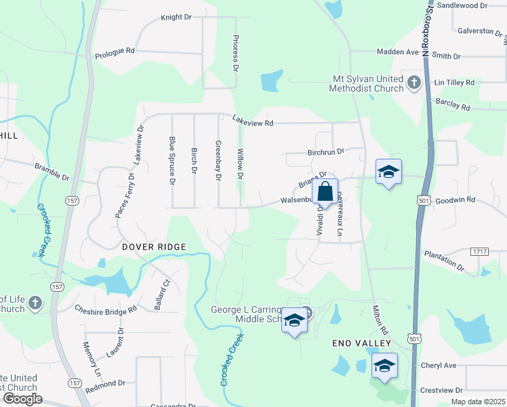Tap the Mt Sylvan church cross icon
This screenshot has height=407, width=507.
(414, 83)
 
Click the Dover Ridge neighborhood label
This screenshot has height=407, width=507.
(154, 247)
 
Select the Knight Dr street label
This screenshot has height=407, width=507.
(177, 17)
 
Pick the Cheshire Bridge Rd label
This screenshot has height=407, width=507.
(106, 308)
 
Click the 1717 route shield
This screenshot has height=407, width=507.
(479, 251)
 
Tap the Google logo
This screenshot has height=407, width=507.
(22, 399)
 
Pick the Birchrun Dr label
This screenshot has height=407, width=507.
(326, 151)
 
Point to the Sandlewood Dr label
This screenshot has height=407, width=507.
(462, 5)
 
